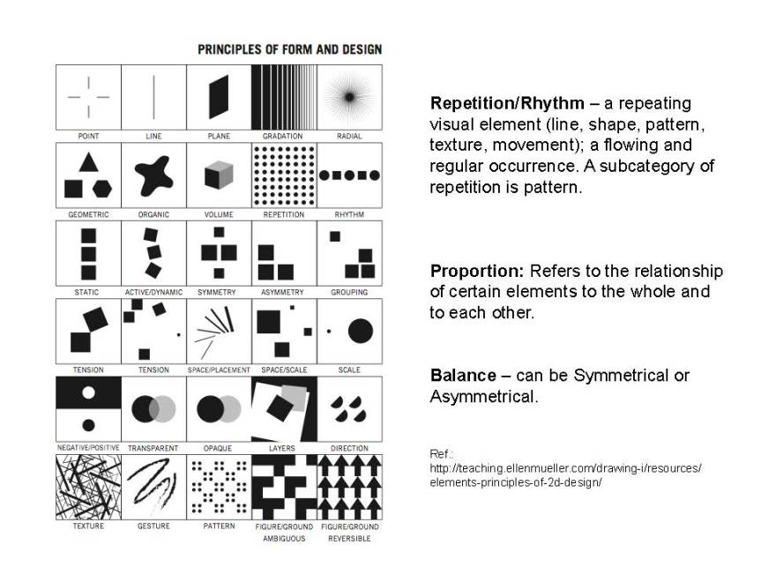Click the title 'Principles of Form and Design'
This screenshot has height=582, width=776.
click(x=289, y=49)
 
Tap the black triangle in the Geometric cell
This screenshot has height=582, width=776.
click(x=88, y=163)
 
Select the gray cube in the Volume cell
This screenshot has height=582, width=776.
click(x=219, y=175)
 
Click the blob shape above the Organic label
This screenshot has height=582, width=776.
click(x=154, y=175)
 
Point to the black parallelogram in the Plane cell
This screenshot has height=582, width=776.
click(x=219, y=97)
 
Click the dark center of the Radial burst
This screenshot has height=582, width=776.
click(x=349, y=97)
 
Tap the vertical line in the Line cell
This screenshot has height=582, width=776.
click(x=154, y=98)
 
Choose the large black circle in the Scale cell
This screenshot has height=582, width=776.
click(x=361, y=331)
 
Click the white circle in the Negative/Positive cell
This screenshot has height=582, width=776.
click(x=88, y=392)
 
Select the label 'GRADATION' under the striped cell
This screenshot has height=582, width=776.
click(x=282, y=136)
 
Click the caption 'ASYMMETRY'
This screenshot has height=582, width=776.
click(x=282, y=293)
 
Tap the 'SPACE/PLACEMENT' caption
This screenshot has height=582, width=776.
click(x=219, y=370)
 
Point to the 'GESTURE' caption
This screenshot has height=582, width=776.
click(x=153, y=526)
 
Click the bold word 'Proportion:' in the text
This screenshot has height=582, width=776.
click(x=477, y=272)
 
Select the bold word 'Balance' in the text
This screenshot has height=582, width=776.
click(x=463, y=376)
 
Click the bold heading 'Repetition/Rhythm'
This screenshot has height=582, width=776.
click(x=507, y=103)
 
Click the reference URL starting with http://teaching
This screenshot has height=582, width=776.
click(x=565, y=475)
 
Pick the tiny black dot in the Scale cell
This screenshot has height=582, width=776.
click(x=329, y=331)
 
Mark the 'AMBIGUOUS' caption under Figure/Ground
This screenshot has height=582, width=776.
click(x=284, y=539)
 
